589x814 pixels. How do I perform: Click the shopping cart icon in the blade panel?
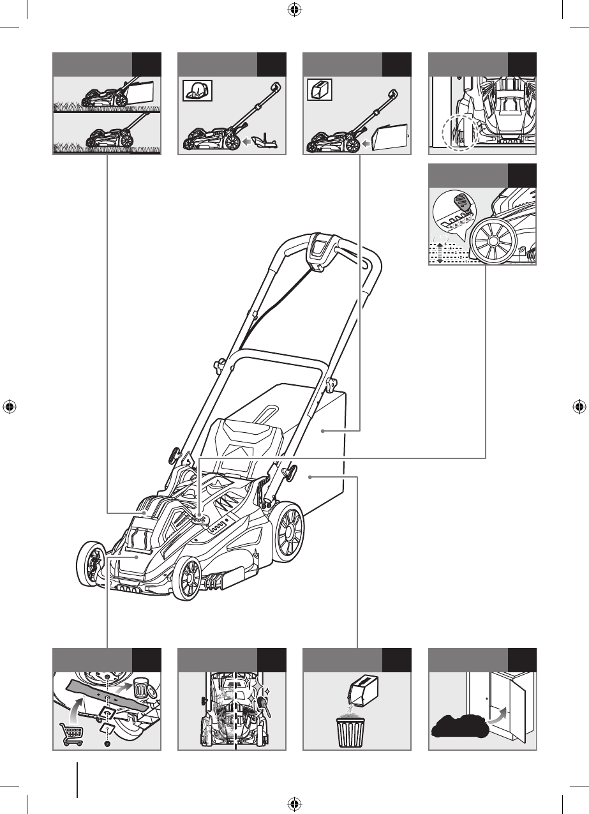[x=71, y=732]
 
